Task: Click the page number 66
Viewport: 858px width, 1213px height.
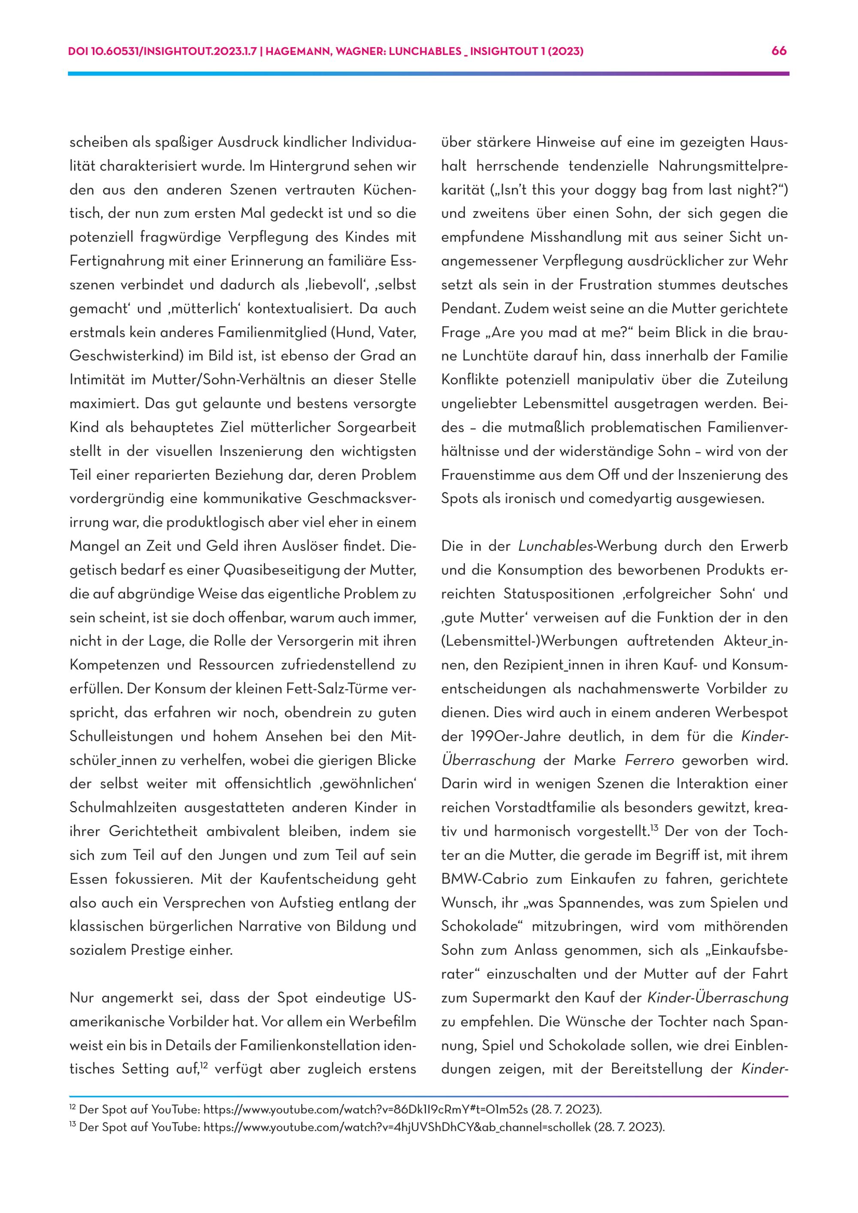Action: pos(779,51)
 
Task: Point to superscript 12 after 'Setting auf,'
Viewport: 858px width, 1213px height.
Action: pos(204,1065)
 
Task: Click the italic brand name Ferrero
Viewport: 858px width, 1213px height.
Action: pos(650,760)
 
